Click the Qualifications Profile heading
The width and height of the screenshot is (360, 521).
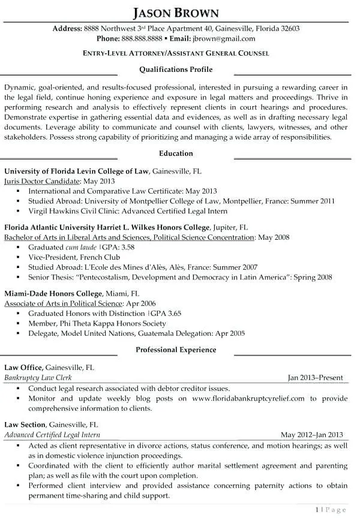(x=176, y=69)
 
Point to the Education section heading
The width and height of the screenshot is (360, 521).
(x=176, y=153)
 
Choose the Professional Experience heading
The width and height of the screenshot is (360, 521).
(x=176, y=350)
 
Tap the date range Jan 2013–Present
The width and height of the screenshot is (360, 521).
(x=315, y=378)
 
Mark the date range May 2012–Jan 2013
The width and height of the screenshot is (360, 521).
(x=311, y=435)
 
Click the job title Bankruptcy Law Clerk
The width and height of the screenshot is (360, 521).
(x=39, y=378)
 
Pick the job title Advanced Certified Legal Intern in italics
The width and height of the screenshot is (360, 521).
(x=52, y=435)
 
